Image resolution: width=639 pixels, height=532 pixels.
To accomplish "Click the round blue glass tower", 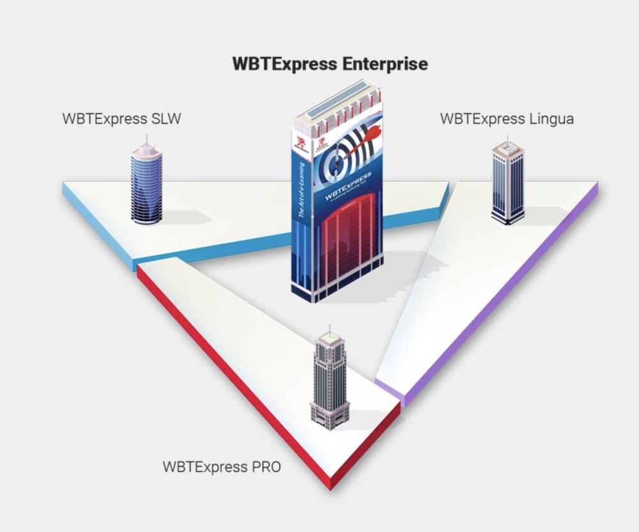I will click(146, 184).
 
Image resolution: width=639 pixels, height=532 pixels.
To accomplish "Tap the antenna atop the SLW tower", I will click(146, 139).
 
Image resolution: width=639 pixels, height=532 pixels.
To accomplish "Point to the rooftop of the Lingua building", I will click(508, 148).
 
